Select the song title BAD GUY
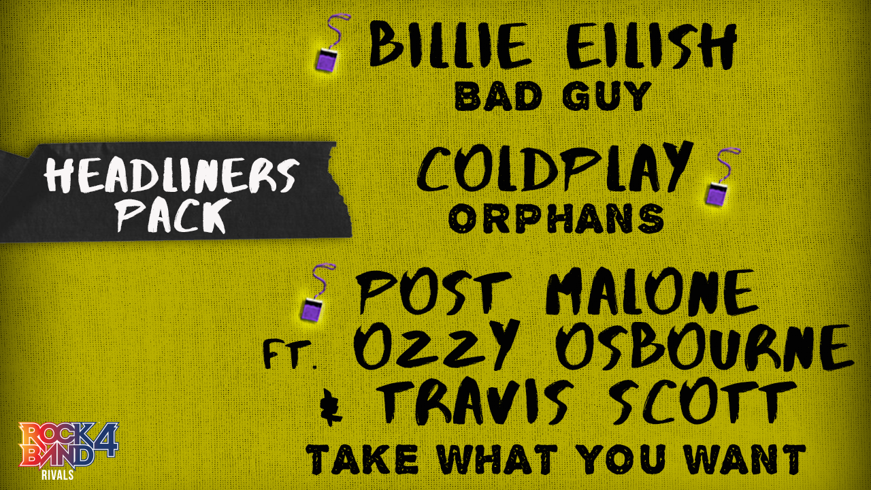click(x=553, y=96)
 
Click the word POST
click(x=433, y=292)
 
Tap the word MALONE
click(x=651, y=292)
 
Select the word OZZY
click(x=436, y=344)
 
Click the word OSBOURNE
click(x=704, y=347)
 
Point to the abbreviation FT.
click(x=290, y=355)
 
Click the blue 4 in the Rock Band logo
click(x=105, y=440)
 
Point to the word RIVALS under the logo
click(x=58, y=475)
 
